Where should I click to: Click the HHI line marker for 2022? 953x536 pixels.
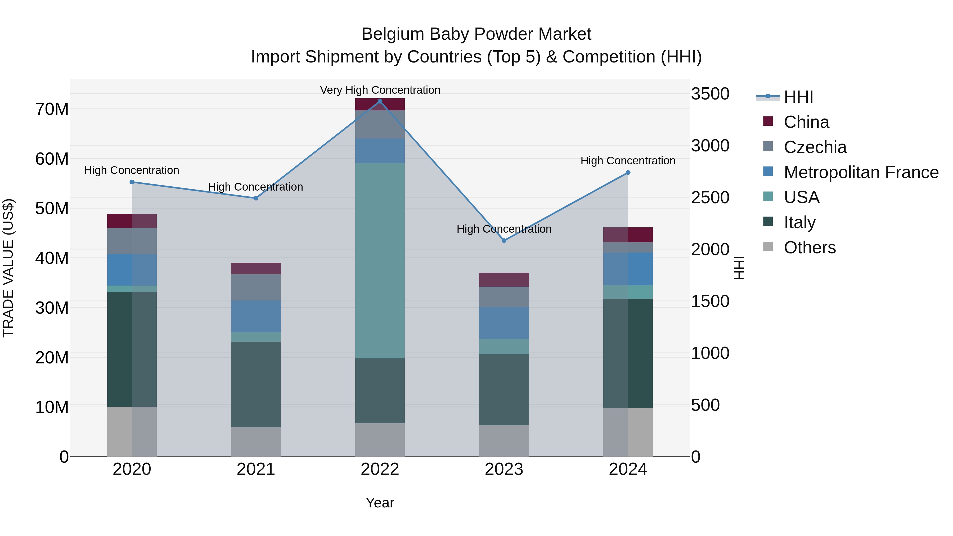click(x=380, y=101)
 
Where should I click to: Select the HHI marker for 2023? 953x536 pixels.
click(x=504, y=240)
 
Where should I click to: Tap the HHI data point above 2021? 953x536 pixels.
click(x=256, y=198)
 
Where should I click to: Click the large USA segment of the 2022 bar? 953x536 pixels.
click(x=380, y=261)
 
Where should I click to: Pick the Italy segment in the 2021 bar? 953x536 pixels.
click(x=256, y=384)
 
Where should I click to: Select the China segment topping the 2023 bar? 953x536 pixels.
click(x=504, y=280)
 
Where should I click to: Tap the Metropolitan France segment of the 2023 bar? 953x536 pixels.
click(x=504, y=323)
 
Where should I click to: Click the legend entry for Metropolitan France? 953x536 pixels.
click(x=861, y=172)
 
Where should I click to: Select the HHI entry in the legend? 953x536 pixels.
click(x=798, y=97)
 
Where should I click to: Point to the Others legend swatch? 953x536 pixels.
click(x=768, y=247)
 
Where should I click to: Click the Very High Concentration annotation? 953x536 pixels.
click(x=380, y=90)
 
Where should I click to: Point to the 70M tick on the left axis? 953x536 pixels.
click(x=52, y=110)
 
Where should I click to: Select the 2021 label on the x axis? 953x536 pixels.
click(x=256, y=469)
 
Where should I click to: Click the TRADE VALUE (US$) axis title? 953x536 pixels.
click(x=8, y=268)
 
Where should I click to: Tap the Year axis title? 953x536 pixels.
click(x=380, y=503)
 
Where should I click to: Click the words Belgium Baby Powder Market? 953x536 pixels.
click(x=476, y=34)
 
